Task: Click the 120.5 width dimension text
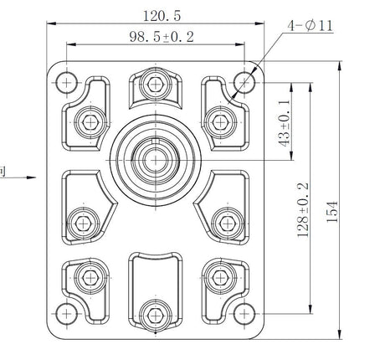(x=162, y=16)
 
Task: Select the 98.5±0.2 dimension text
(x=162, y=37)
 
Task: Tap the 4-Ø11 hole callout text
(x=311, y=26)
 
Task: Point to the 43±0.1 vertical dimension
(x=285, y=122)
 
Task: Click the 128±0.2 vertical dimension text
(x=303, y=210)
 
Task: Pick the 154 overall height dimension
(x=332, y=212)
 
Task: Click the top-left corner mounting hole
(x=66, y=83)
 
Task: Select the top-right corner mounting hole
(x=244, y=83)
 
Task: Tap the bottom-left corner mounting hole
(x=66, y=314)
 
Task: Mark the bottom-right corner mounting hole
(x=244, y=314)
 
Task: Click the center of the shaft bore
(x=156, y=160)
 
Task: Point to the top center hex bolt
(x=156, y=84)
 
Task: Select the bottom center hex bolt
(x=156, y=316)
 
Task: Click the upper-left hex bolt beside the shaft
(x=90, y=122)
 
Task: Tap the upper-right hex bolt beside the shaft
(x=220, y=122)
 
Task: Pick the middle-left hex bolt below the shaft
(x=83, y=224)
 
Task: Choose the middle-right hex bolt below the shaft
(x=228, y=224)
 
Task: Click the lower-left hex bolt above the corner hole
(x=90, y=278)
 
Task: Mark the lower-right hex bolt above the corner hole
(x=220, y=278)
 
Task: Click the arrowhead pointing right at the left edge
(x=31, y=177)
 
